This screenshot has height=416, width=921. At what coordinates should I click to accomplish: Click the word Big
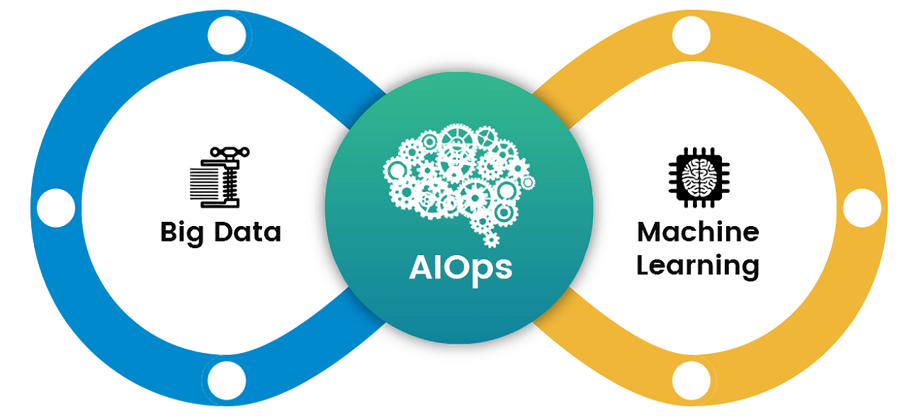pyautogui.click(x=182, y=233)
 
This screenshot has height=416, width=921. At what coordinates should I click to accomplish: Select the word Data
pyautogui.click(x=247, y=232)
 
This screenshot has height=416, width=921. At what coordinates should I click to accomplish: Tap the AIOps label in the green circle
pyautogui.click(x=460, y=270)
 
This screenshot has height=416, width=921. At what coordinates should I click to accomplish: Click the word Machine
pyautogui.click(x=698, y=232)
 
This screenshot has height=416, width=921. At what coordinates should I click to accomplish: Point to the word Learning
pyautogui.click(x=698, y=266)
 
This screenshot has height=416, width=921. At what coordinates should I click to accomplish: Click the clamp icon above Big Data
pyautogui.click(x=220, y=177)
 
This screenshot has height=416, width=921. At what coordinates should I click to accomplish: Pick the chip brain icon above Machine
pyautogui.click(x=699, y=177)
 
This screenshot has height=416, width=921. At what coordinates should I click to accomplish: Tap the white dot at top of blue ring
pyautogui.click(x=227, y=35)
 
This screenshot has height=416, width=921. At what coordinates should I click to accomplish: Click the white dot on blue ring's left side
pyautogui.click(x=56, y=208)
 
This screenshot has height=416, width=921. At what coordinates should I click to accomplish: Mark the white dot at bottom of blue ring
pyautogui.click(x=227, y=381)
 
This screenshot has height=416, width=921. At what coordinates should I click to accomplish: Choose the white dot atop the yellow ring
pyautogui.click(x=691, y=35)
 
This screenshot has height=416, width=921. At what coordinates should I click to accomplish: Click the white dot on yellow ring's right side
pyautogui.click(x=862, y=208)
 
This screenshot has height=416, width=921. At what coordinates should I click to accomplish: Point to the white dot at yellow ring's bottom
pyautogui.click(x=691, y=381)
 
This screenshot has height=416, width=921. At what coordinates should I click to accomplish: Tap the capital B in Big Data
pyautogui.click(x=169, y=232)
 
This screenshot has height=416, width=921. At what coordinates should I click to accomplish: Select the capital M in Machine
pyautogui.click(x=649, y=232)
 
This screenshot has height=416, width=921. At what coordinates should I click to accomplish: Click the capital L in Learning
pyautogui.click(x=643, y=264)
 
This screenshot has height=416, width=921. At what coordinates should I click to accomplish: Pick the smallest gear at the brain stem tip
pyautogui.click(x=491, y=240)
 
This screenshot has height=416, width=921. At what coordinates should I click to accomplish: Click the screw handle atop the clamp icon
pyautogui.click(x=230, y=152)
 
